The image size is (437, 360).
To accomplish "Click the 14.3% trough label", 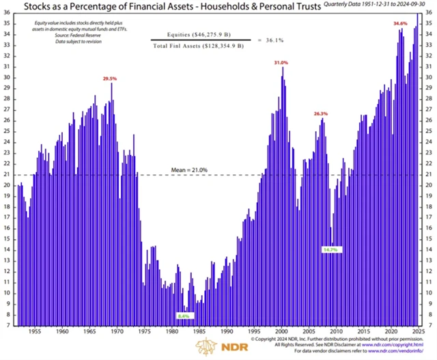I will coord(330,250).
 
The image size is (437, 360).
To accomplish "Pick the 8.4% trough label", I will coord(182,316).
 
